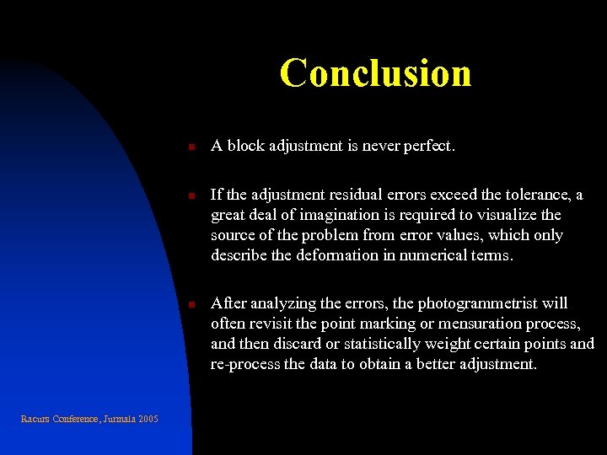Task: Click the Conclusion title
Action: point(375,72)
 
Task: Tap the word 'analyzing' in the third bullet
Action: point(286,303)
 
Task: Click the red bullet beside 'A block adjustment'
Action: point(191,147)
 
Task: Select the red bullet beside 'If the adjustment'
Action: point(191,196)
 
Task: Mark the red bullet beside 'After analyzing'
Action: point(191,304)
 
